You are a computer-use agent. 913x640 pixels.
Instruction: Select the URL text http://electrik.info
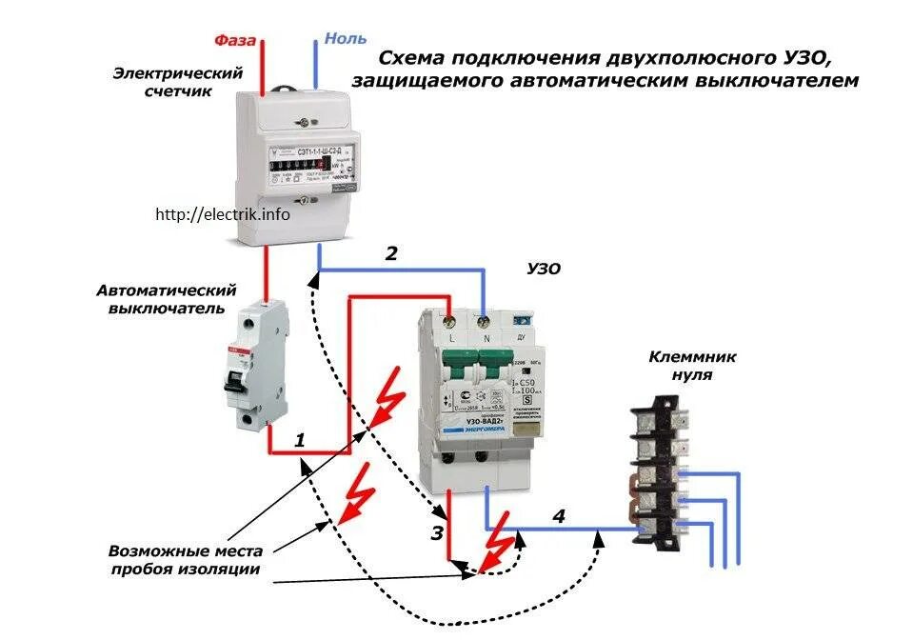(x=223, y=214)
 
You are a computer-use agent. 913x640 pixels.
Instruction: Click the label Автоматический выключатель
(x=166, y=298)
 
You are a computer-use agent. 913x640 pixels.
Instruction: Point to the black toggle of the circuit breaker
(x=231, y=379)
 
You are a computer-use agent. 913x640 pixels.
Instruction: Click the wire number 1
(x=299, y=440)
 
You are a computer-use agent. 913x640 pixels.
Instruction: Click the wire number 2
(x=391, y=253)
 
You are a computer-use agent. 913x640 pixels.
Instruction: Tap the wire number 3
(x=437, y=533)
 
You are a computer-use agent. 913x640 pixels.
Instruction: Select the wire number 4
(x=558, y=516)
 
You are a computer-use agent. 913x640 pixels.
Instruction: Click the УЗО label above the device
(x=544, y=270)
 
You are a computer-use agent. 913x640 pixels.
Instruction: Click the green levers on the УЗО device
(x=476, y=366)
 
